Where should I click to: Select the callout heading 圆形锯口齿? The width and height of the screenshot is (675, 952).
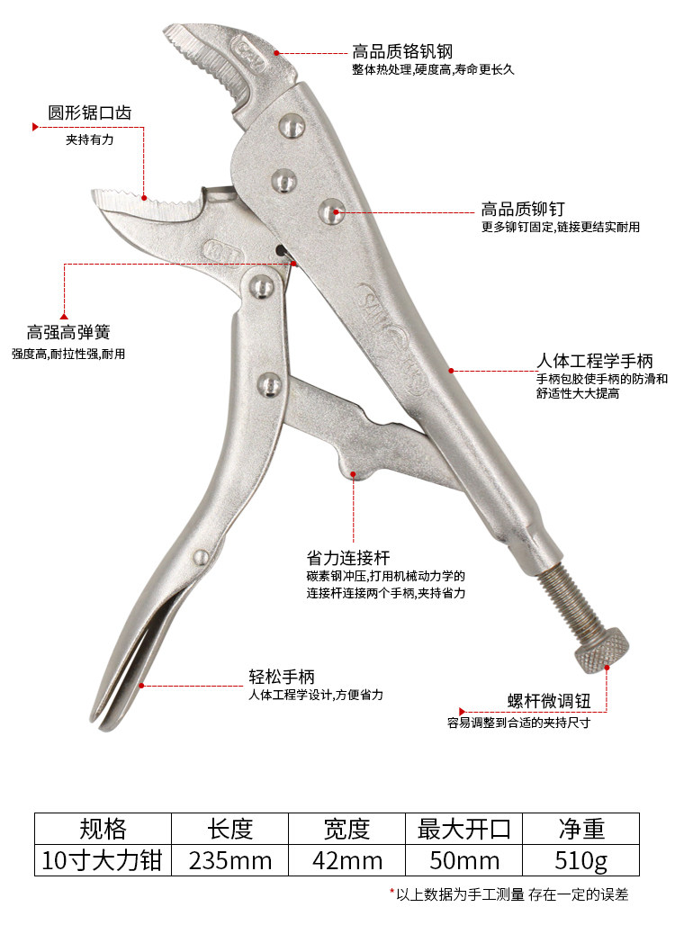[90, 113]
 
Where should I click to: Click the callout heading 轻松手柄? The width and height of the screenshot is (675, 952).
[282, 677]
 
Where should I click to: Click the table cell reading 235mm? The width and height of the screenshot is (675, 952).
[230, 861]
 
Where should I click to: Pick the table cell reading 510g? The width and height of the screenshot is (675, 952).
[581, 861]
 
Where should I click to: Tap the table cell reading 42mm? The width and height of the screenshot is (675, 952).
[346, 861]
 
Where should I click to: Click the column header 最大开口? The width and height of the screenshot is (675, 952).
[464, 828]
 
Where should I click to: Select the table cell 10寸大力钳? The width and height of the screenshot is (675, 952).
[102, 861]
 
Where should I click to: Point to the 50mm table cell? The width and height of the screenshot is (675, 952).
[464, 861]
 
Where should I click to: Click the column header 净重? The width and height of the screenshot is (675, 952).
[581, 828]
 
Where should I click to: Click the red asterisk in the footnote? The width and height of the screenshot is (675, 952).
[392, 893]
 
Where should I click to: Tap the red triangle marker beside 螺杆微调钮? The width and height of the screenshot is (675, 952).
[462, 709]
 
